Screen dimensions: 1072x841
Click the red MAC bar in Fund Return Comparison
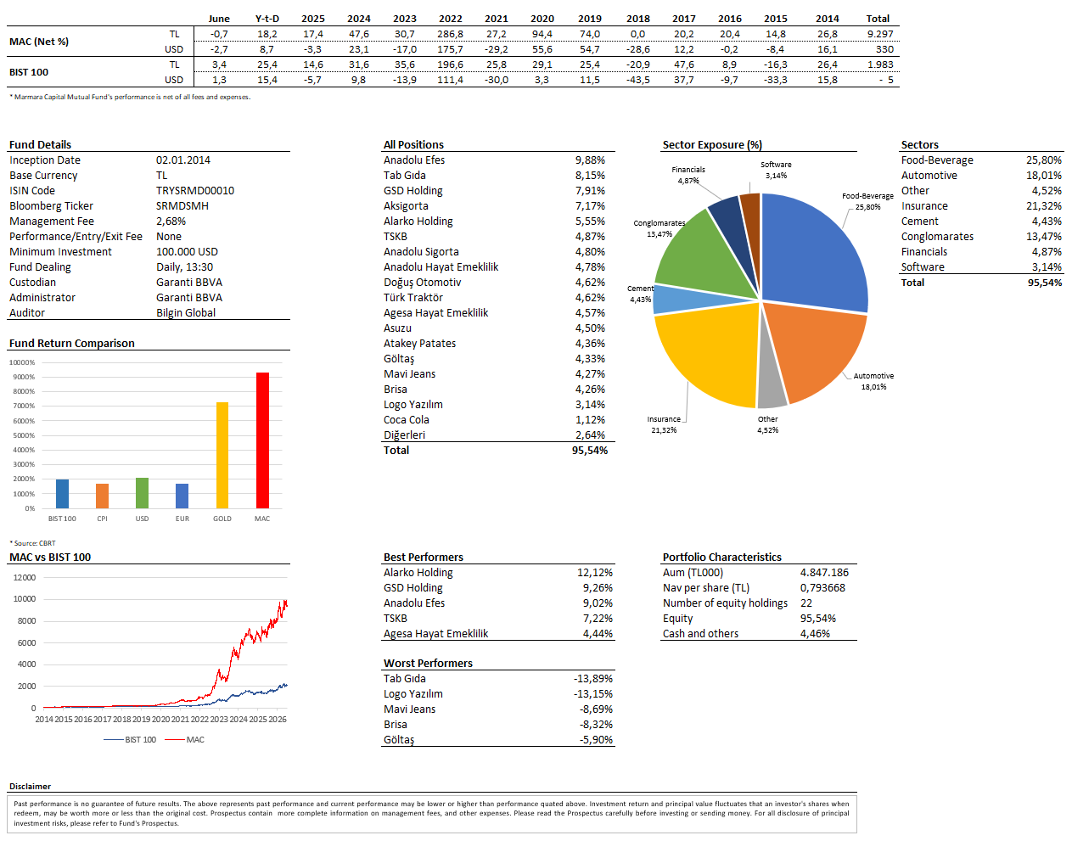point(262,440)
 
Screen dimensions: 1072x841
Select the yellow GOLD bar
point(222,455)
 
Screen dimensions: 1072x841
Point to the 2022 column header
point(451,19)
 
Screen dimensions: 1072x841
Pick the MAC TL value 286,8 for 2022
point(451,34)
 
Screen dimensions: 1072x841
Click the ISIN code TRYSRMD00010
point(195,190)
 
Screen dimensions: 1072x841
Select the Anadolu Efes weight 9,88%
point(590,160)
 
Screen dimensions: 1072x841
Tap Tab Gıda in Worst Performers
point(405,678)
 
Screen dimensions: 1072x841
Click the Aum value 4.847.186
point(824,572)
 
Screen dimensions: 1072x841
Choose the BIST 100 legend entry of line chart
point(130,739)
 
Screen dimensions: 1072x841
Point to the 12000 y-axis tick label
point(25,577)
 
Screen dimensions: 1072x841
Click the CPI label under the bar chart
point(102,519)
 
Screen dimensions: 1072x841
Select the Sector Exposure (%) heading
point(712,144)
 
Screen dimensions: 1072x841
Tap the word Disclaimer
point(30,786)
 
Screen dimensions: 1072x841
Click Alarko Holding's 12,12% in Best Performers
point(595,572)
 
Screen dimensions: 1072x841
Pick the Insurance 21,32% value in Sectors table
point(1044,205)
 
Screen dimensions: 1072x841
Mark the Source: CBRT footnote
point(32,543)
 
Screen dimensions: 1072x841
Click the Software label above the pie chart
point(776,165)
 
